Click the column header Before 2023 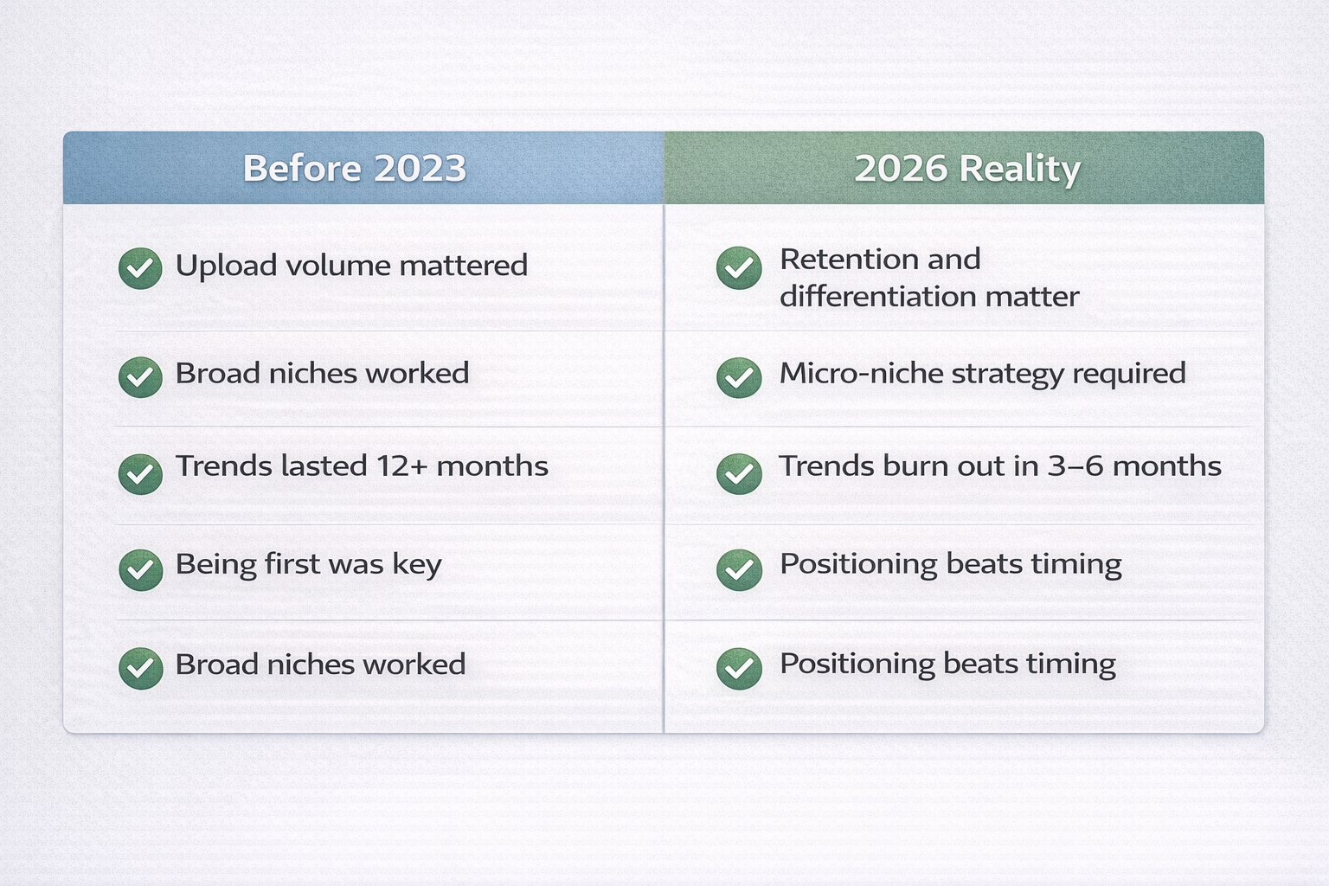tap(355, 168)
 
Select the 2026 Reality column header tap(966, 168)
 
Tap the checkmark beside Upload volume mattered tap(140, 268)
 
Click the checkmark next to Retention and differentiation tap(739, 268)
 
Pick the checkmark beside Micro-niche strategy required tap(739, 377)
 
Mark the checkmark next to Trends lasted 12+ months tap(140, 473)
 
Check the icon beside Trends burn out tap(739, 473)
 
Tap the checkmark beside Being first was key tap(140, 570)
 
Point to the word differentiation tap(878, 297)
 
